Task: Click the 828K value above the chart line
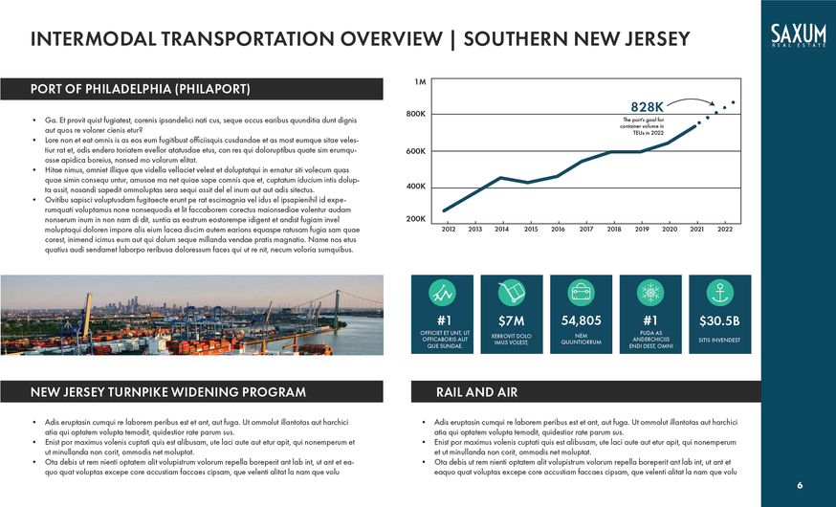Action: coord(648,106)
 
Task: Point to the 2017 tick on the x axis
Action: coord(586,230)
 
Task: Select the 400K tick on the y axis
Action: coord(415,186)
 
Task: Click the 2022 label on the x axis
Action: coord(725,230)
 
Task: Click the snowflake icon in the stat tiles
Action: coord(650,291)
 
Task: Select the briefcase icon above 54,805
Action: coord(581,291)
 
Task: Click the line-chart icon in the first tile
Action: coord(442,291)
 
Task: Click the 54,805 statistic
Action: coord(581,320)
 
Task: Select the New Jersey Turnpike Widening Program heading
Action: coord(168,392)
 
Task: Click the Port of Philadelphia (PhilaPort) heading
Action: coord(141,90)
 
